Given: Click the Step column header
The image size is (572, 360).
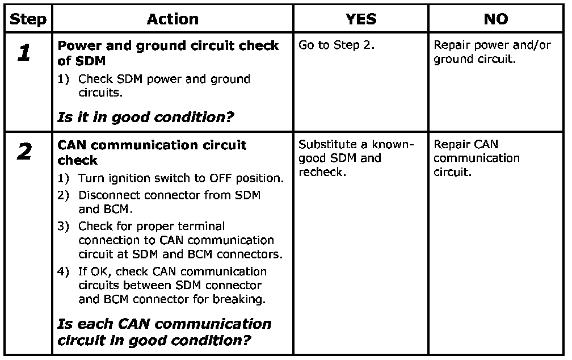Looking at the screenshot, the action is pyautogui.click(x=28, y=19).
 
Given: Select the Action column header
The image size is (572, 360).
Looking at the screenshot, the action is pyautogui.click(x=173, y=19).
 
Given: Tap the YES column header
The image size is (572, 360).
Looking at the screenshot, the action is pyautogui.click(x=361, y=19).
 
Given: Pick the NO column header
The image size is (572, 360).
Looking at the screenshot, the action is pyautogui.click(x=496, y=19).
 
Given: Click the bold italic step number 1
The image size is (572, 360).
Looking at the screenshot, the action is pyautogui.click(x=24, y=54).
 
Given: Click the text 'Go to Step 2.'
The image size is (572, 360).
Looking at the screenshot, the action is pyautogui.click(x=337, y=45).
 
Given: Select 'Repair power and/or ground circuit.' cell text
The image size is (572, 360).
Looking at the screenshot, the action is pyautogui.click(x=491, y=52).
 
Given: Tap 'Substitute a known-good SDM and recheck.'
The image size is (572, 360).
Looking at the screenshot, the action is pyautogui.click(x=356, y=158).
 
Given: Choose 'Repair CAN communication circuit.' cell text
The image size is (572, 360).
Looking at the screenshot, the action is pyautogui.click(x=477, y=158).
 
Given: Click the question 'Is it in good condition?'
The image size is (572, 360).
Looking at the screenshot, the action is pyautogui.click(x=146, y=118).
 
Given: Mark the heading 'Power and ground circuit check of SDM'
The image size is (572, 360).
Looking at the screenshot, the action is pyautogui.click(x=168, y=53).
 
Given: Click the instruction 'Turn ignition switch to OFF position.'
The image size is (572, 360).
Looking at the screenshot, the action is pyautogui.click(x=180, y=178).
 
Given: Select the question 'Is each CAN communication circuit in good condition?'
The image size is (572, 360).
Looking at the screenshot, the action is pyautogui.click(x=165, y=332).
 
